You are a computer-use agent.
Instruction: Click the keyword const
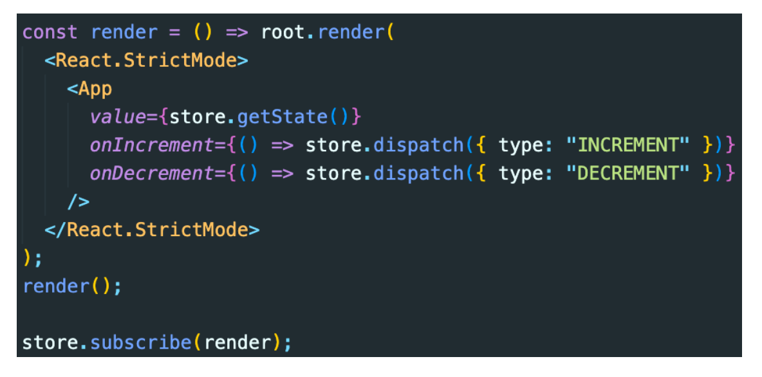pyautogui.click(x=50, y=33)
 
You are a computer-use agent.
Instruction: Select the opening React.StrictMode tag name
pyautogui.click(x=146, y=61)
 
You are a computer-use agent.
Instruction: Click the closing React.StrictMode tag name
pyautogui.click(x=157, y=230)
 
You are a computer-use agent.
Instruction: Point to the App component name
pyautogui.click(x=95, y=89)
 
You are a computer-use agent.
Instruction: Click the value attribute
pyautogui.click(x=118, y=117)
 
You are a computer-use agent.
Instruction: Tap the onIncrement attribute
pyautogui.click(x=151, y=145)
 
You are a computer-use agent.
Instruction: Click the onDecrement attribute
pyautogui.click(x=151, y=174)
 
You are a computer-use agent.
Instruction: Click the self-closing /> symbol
pyautogui.click(x=79, y=202)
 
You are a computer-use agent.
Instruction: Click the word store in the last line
pyautogui.click(x=50, y=342)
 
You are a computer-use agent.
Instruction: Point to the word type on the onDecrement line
pyautogui.click(x=522, y=174)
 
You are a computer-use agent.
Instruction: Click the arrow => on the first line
pyautogui.click(x=236, y=33)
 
